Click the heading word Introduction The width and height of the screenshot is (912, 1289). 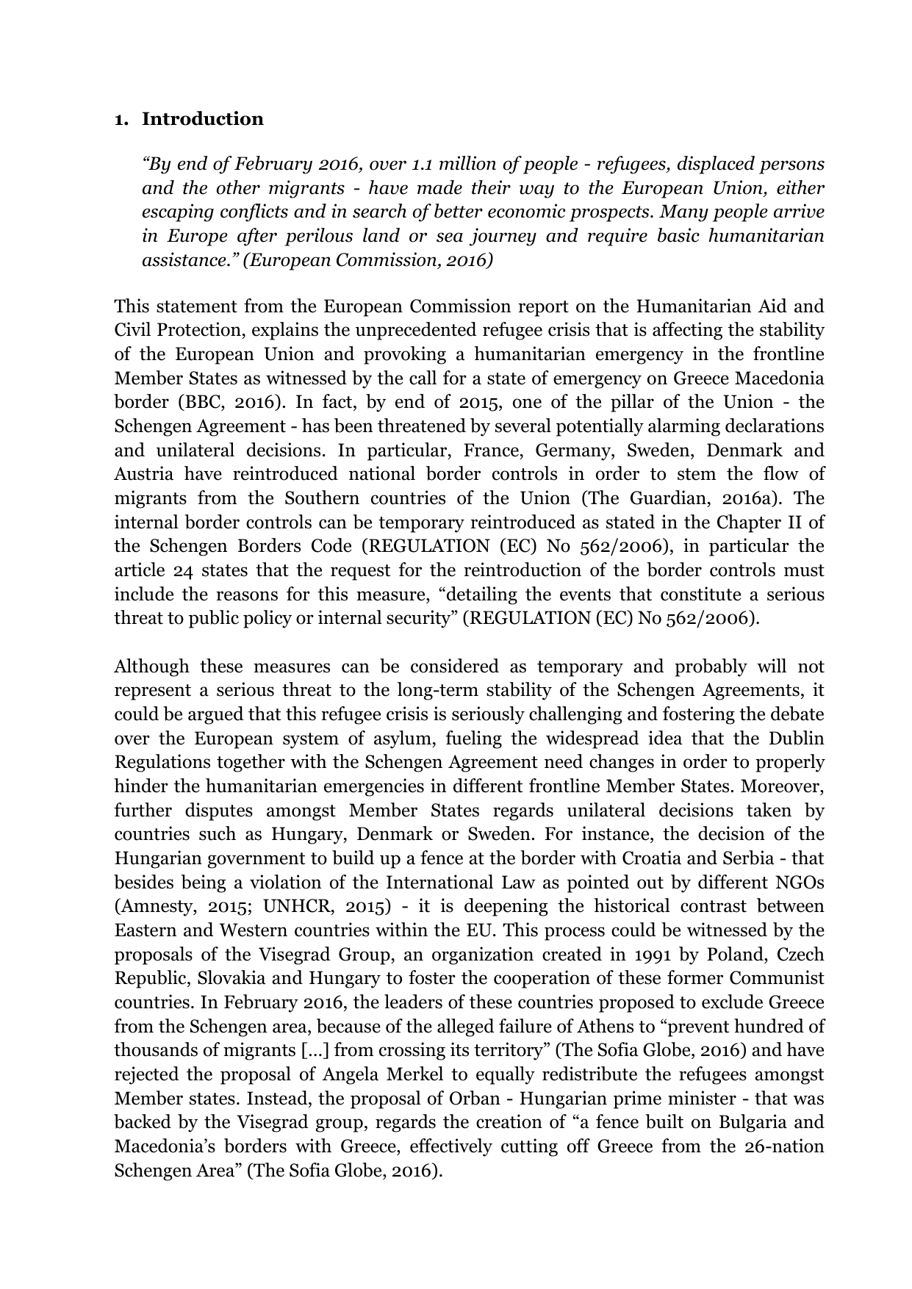click(202, 119)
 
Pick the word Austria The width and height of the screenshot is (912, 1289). click(143, 475)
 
